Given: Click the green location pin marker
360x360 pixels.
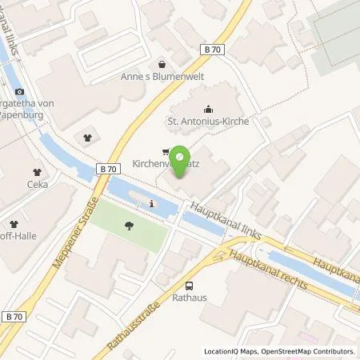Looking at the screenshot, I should click(181, 157).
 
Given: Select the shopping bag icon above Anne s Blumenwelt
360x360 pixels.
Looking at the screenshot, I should click(163, 64).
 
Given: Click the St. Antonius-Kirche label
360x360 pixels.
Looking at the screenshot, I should click(209, 122).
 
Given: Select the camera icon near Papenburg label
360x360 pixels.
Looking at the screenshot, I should click(20, 94).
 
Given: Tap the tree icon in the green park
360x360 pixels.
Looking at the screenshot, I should click(129, 226).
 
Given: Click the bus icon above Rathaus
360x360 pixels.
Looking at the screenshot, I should click(189, 286).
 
